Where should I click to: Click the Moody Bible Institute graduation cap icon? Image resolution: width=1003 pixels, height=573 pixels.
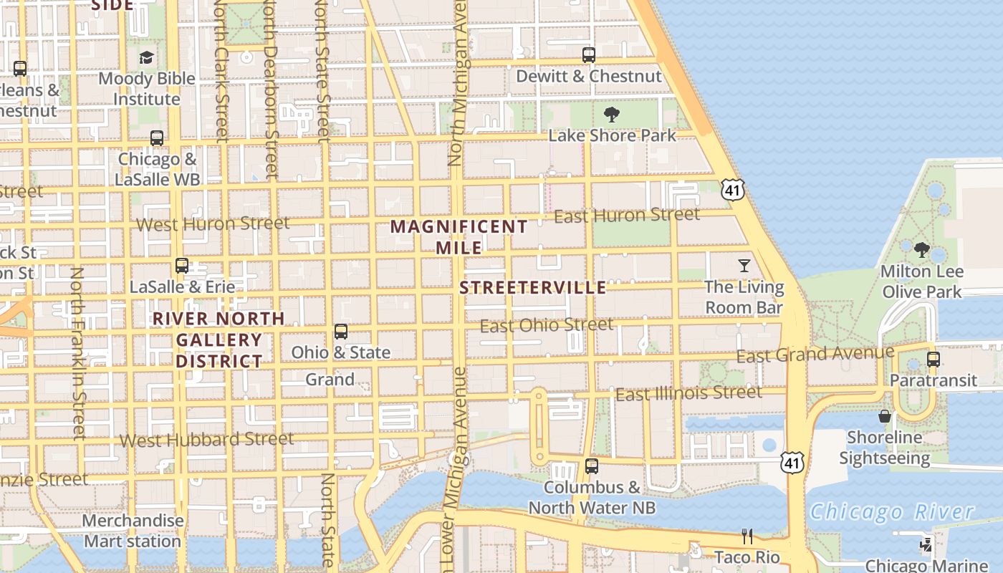[147, 57]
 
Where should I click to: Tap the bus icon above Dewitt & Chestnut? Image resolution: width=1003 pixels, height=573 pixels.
[589, 54]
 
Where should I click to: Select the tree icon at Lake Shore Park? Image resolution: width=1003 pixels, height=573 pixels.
[612, 114]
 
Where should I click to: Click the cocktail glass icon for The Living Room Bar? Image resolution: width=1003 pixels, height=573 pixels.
[744, 266]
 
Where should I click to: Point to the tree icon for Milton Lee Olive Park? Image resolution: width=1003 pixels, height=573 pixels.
[922, 250]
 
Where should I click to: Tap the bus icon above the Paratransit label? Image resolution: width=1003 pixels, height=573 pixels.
[933, 359]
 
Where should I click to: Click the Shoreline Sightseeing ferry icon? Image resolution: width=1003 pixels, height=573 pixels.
[885, 416]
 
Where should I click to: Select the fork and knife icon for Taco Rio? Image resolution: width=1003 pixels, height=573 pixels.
[747, 536]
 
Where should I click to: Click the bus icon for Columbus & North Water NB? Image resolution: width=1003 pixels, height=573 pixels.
[591, 466]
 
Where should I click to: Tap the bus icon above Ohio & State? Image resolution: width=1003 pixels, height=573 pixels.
[341, 332]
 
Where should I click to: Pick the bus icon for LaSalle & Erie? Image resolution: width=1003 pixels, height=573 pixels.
[182, 266]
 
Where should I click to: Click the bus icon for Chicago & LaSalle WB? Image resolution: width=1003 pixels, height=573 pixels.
[157, 138]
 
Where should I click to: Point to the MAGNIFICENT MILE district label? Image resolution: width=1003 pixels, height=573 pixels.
[459, 237]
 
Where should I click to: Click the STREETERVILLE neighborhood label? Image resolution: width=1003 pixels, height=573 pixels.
[533, 288]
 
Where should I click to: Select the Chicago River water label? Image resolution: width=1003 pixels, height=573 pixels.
[892, 511]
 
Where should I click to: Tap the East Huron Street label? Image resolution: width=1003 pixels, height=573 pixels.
[627, 215]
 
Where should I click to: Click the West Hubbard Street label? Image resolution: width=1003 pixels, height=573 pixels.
[206, 440]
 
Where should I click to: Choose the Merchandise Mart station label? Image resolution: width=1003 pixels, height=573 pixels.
[133, 531]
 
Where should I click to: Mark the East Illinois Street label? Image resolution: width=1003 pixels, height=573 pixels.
[688, 393]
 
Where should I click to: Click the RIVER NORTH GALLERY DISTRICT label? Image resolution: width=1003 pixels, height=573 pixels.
[219, 340]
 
